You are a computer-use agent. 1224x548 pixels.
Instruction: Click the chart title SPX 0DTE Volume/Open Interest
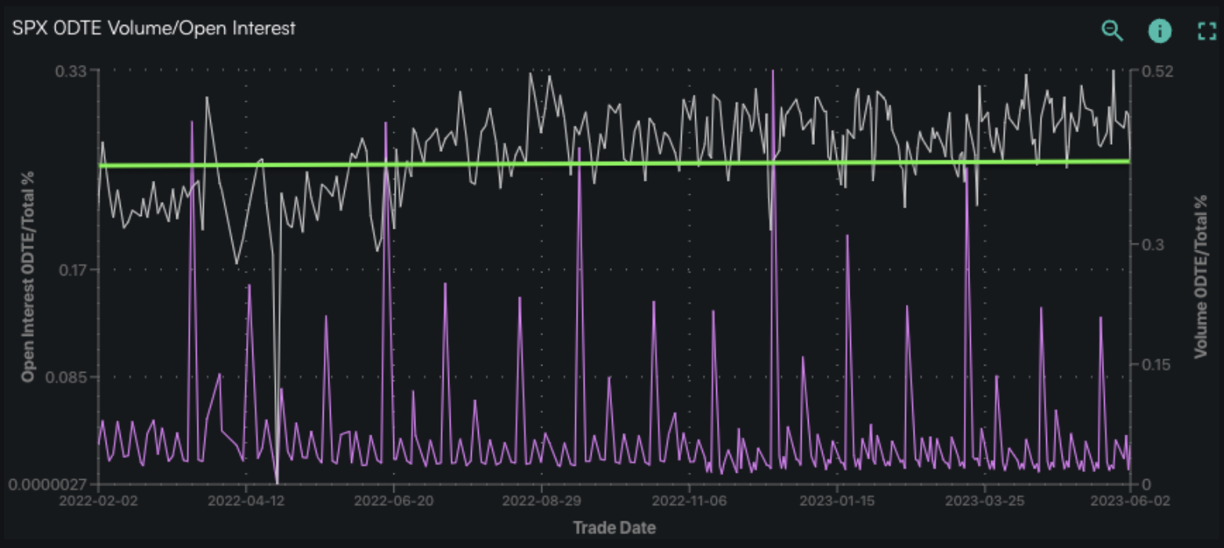click(x=154, y=28)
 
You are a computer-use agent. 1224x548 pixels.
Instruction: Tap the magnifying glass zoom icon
click(x=1112, y=31)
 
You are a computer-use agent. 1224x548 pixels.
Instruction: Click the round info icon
click(x=1160, y=31)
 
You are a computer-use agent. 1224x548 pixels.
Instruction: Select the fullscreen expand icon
click(x=1207, y=31)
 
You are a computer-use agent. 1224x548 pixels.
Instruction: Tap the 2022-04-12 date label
click(x=246, y=500)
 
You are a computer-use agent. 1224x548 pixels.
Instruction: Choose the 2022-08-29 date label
click(x=541, y=500)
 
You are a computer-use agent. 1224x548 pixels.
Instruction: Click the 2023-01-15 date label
click(x=838, y=500)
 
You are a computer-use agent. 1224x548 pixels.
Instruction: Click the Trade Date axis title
click(x=614, y=527)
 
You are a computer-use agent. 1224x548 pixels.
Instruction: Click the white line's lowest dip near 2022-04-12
click(x=277, y=481)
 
